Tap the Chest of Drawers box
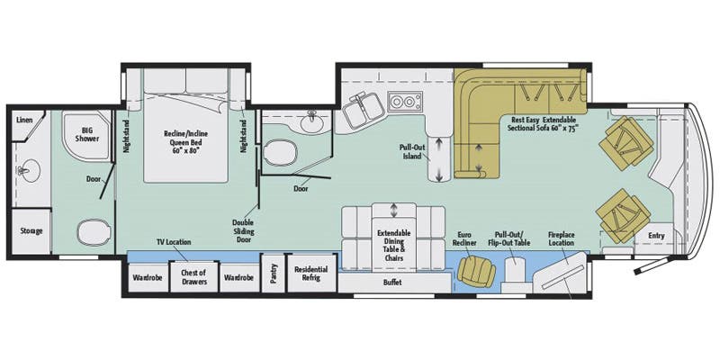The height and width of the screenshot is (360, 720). click(194, 278)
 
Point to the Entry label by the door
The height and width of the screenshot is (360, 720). click(658, 237)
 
